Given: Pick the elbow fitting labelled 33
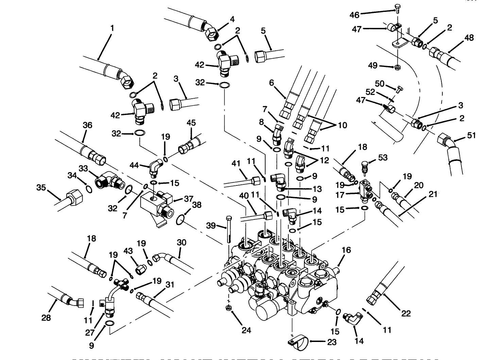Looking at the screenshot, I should click(x=107, y=179).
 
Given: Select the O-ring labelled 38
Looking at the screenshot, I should click(x=181, y=220).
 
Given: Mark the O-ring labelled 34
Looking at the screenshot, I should click(x=88, y=189).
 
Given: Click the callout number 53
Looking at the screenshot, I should click(x=383, y=157).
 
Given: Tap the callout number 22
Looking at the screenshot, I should click(x=406, y=313).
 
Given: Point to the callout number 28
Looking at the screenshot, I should click(x=46, y=318).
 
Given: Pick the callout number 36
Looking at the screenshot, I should click(x=87, y=125).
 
